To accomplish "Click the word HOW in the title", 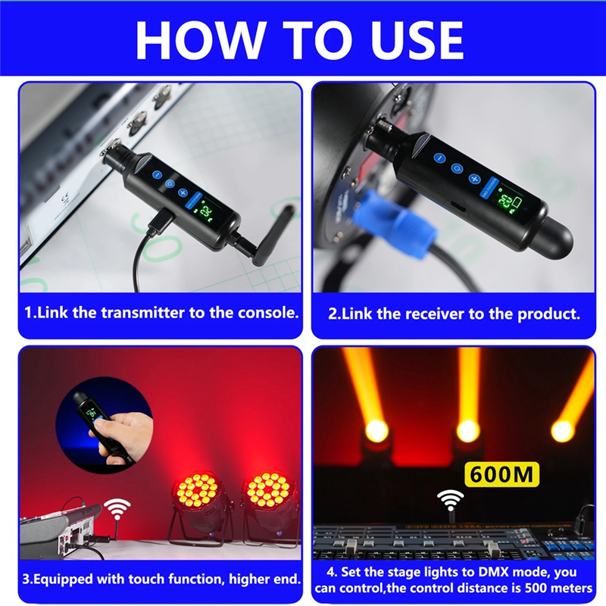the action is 201,40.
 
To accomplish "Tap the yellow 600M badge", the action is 501,474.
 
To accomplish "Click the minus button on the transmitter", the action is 157,175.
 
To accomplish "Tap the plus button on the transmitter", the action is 183,192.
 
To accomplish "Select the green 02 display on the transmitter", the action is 206,211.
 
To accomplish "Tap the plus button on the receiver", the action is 475,179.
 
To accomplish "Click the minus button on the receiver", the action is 439,158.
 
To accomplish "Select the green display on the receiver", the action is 505,201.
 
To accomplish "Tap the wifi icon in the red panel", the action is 117,508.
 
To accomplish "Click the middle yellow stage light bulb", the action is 468,431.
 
